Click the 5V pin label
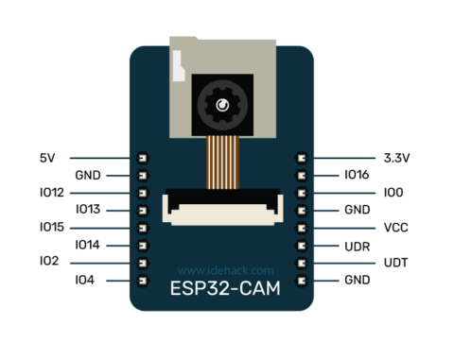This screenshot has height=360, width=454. [x=49, y=157]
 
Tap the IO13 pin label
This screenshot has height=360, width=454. [x=89, y=210]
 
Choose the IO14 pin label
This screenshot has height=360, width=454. [x=89, y=246]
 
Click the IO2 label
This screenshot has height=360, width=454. [x=49, y=262]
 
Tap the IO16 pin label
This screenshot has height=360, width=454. [x=357, y=175]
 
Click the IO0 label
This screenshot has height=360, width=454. [x=393, y=193]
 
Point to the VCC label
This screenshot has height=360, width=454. [x=396, y=228]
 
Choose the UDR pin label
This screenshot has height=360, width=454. [x=357, y=246]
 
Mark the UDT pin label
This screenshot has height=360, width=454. [x=395, y=263]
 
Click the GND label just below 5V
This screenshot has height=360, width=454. [x=89, y=175]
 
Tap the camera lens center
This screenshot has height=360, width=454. [x=224, y=106]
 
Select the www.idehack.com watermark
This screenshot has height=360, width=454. [x=225, y=269]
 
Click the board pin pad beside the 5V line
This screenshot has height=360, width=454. [x=144, y=158]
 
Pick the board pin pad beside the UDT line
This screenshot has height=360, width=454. [x=303, y=263]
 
